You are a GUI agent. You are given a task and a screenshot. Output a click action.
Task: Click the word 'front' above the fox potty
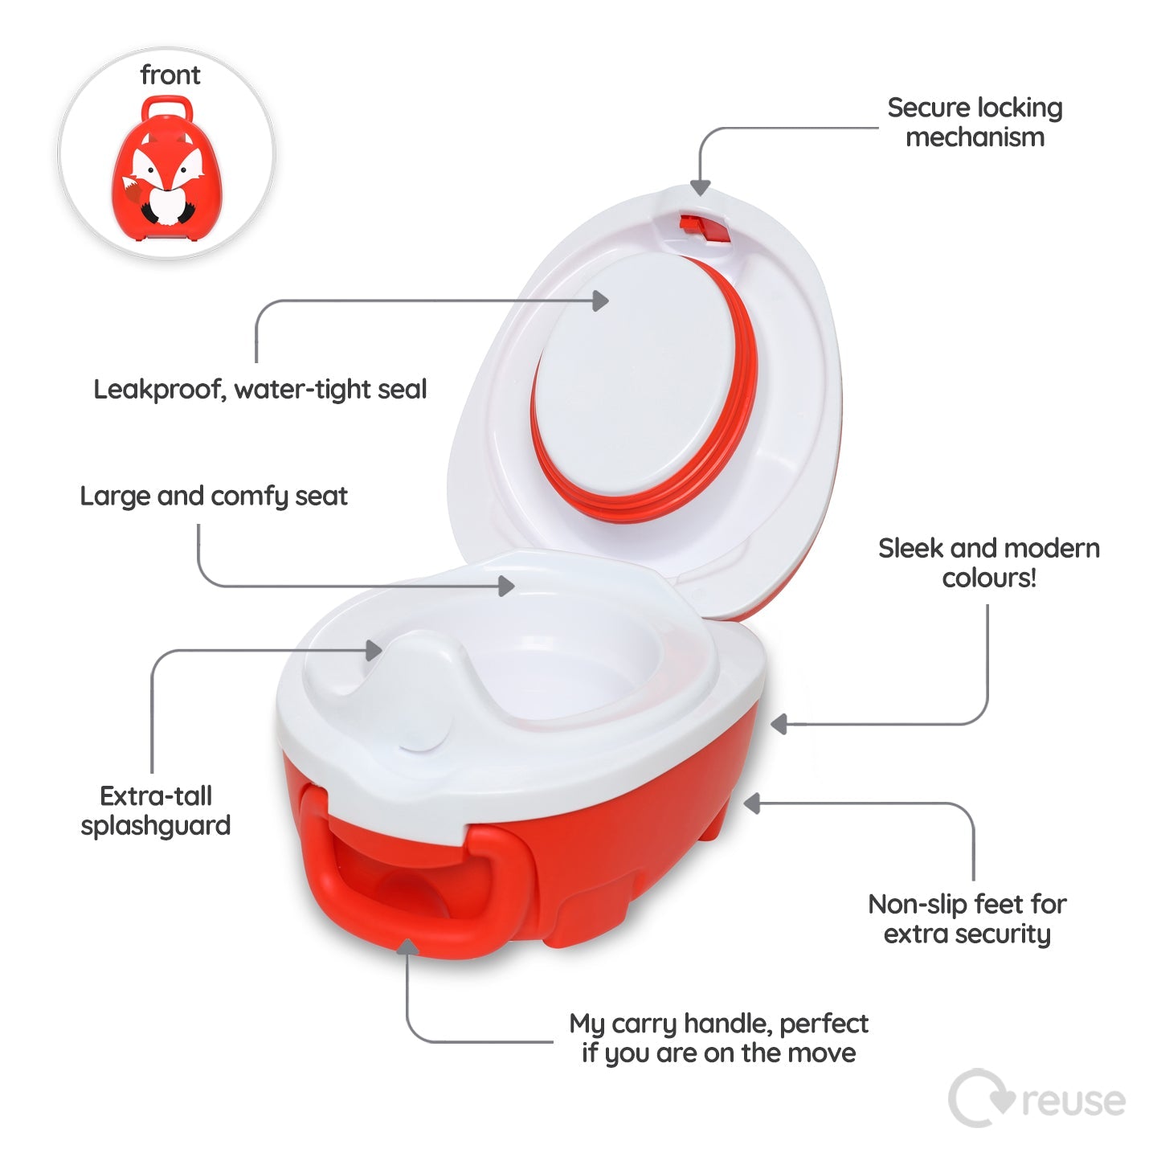[x=170, y=75]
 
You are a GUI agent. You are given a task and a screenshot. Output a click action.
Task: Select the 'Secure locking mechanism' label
[x=975, y=122]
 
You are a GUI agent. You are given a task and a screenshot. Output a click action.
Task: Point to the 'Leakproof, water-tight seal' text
[x=260, y=390]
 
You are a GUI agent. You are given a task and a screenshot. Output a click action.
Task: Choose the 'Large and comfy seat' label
[x=214, y=496]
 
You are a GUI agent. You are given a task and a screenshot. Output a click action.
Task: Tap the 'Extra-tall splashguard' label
[x=156, y=811]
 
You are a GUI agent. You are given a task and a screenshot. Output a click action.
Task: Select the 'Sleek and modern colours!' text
[x=989, y=562]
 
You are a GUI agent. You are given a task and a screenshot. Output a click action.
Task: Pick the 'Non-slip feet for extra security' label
[x=967, y=918]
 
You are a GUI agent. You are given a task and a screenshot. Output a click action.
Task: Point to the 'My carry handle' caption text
[x=719, y=1038]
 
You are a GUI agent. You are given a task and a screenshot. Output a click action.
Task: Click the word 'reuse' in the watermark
[x=1073, y=1102]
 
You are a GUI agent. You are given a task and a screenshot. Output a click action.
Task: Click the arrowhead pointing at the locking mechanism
[x=701, y=186]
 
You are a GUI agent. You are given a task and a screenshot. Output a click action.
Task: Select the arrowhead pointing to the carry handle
[x=407, y=948]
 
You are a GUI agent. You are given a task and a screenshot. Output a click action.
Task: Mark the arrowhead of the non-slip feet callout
[x=752, y=803]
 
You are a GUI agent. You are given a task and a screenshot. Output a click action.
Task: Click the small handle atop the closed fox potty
[x=166, y=107]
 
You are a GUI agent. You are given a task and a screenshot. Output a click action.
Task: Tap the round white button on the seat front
[x=421, y=736]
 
